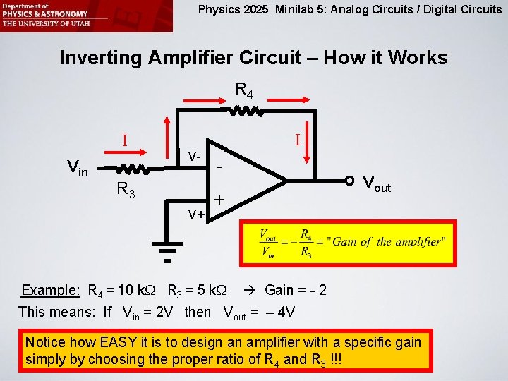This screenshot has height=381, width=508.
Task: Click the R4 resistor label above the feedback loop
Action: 244,90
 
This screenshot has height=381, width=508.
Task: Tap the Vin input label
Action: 77,168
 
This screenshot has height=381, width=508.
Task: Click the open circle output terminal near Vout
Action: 350,180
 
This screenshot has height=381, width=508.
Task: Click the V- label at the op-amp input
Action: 195,155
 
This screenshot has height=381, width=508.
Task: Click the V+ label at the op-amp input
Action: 195,213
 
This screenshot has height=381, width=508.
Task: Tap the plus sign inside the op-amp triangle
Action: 219,200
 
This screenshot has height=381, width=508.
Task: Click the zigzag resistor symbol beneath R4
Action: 245,111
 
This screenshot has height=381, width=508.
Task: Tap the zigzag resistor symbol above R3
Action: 131,169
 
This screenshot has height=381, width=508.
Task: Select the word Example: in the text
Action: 50,291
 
